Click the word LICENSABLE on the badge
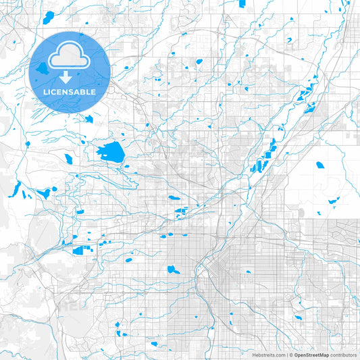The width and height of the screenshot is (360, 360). [68, 91]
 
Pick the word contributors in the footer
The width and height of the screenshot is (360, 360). [343, 354]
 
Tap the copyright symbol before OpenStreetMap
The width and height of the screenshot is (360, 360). [290, 354]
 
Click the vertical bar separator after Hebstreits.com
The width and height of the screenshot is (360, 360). [286, 354]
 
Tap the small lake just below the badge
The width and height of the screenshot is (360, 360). [88, 119]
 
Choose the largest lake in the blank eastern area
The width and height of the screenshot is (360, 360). [319, 164]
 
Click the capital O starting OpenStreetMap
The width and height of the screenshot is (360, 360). [296, 354]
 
